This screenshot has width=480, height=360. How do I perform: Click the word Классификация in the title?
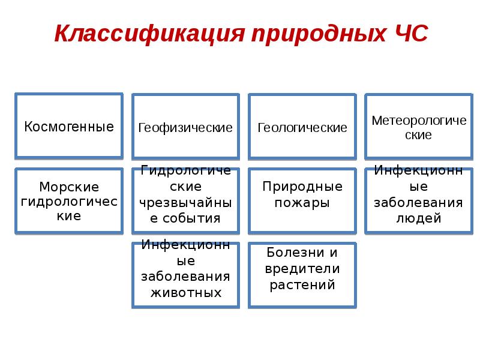pos(149,34)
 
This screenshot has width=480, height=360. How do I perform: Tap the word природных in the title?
pos(314,34)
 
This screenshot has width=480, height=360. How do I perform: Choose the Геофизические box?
pos(185,128)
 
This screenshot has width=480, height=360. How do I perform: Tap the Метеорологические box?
pos(418,128)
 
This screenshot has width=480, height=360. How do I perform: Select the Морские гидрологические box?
pos(69,201)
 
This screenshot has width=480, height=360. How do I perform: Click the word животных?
pos(185,293)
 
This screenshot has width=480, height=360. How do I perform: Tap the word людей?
pos(418,218)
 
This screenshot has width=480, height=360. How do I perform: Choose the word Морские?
pos(69,187)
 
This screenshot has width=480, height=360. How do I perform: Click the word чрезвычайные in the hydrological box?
pos(185,202)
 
